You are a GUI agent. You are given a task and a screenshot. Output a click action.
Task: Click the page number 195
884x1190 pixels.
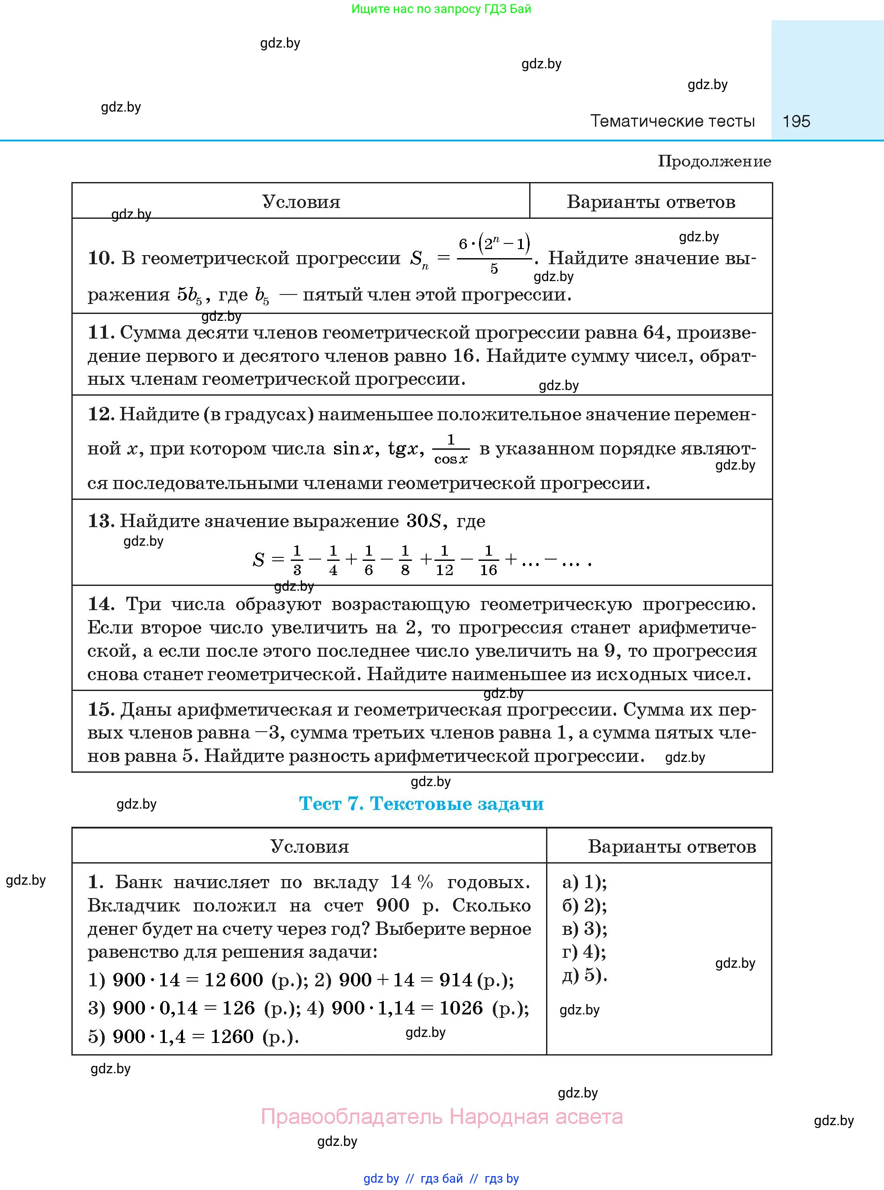click(796, 121)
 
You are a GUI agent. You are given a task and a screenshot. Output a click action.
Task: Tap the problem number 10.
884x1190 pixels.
click(100, 258)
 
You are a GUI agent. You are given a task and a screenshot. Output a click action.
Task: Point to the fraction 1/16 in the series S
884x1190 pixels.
click(488, 560)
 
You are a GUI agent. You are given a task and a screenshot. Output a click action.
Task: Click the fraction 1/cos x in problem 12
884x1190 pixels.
click(450, 449)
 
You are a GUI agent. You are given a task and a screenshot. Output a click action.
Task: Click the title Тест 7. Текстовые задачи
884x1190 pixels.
click(421, 803)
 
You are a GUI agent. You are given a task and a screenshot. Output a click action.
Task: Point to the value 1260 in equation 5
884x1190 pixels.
click(231, 1036)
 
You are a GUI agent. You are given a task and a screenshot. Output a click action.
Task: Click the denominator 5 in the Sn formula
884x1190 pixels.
click(494, 269)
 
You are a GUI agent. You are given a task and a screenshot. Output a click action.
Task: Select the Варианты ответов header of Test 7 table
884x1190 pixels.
click(672, 846)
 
